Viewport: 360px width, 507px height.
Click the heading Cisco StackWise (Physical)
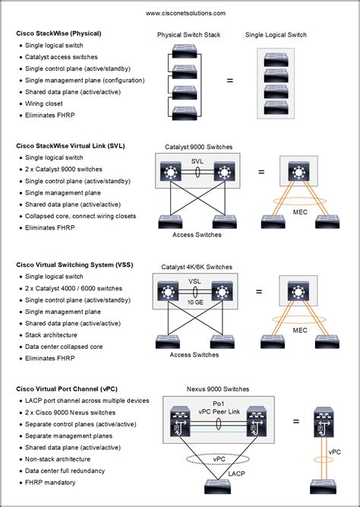pos(58,33)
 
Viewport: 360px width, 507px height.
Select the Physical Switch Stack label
pos(188,35)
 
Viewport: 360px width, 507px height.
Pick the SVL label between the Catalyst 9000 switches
pos(197,162)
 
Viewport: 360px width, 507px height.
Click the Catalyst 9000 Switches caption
pos(198,147)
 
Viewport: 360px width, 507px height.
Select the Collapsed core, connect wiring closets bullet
pos(81,216)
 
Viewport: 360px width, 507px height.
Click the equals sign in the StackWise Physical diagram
pos(230,81)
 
